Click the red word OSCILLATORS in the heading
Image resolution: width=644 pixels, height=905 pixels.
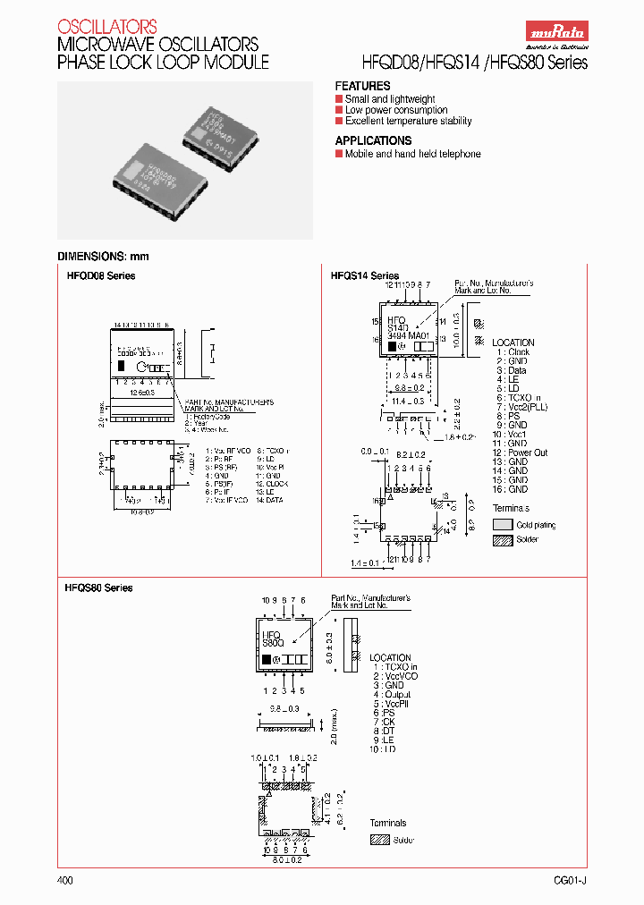click(106, 27)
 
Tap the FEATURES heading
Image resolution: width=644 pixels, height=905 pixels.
click(362, 86)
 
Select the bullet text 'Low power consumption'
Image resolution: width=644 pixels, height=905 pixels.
click(396, 110)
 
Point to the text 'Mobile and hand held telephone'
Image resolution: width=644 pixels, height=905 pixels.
click(412, 154)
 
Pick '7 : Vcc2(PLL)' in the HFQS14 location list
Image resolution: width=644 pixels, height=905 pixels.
click(524, 407)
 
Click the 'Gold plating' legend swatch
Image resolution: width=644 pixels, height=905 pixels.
click(503, 525)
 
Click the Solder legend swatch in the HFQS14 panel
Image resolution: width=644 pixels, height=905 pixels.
click(503, 539)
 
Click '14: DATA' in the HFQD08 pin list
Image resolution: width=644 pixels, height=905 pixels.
click(268, 500)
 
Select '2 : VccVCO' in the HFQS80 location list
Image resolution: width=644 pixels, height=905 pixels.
click(394, 676)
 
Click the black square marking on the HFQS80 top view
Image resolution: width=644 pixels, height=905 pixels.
click(266, 659)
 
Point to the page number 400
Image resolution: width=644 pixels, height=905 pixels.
click(64, 881)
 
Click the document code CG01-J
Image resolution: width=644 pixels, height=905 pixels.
click(570, 881)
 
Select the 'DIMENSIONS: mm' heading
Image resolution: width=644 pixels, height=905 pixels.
click(103, 257)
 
